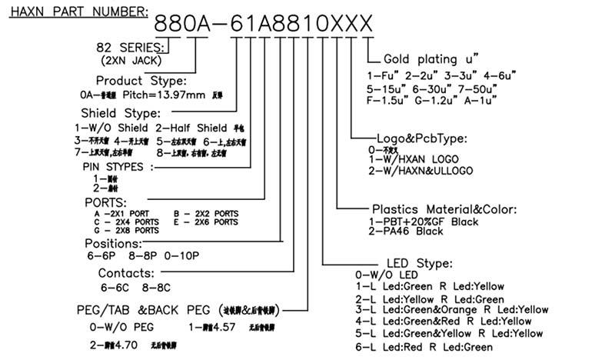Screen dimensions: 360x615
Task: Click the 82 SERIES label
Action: pos(134,47)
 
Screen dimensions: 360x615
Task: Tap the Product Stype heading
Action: pos(140,81)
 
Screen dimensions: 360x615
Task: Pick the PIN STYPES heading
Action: pos(118,166)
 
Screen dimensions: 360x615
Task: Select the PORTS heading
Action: pos(111,202)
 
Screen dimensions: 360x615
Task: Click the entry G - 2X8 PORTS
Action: pos(127,230)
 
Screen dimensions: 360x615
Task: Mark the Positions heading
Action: pos(125,244)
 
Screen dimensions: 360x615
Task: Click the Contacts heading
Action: pos(126,273)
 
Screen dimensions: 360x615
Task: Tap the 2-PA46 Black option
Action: pos(407,231)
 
